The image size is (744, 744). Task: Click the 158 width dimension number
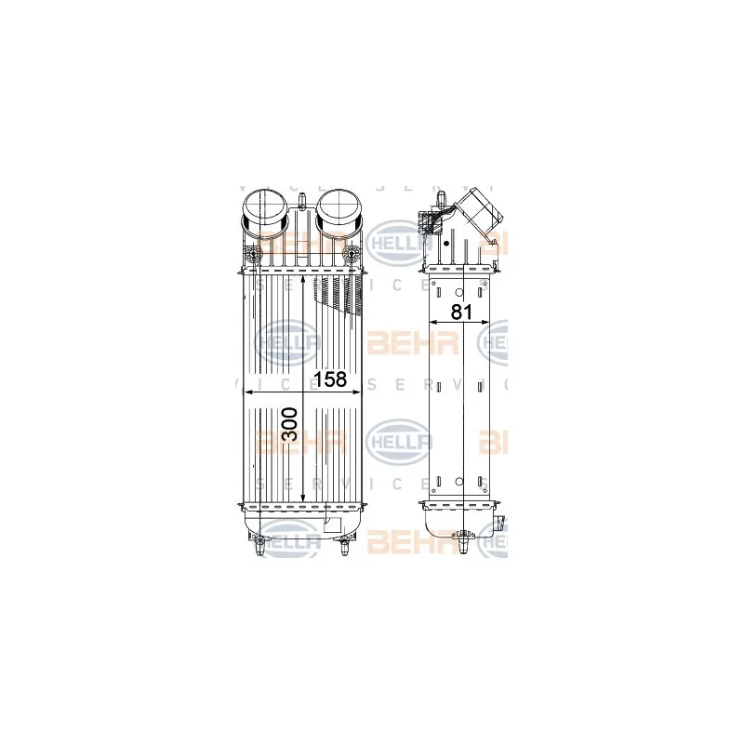pyautogui.click(x=330, y=379)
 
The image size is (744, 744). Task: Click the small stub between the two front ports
pyautogui.click(x=303, y=196)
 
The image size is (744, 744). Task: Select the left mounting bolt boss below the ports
pyautogui.click(x=251, y=255)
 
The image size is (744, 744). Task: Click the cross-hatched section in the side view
pyautogui.click(x=432, y=223)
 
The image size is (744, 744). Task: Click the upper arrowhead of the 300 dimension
pyautogui.click(x=304, y=280)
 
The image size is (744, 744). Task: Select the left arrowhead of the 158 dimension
pyautogui.click(x=247, y=392)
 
